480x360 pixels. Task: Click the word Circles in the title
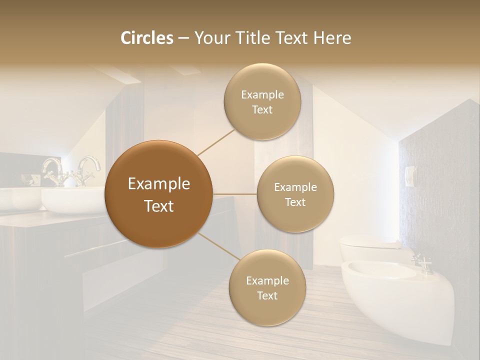147,38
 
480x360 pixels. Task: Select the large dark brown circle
158,194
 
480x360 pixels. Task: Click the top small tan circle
262,101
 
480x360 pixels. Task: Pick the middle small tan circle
295,194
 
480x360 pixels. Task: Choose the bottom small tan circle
267,287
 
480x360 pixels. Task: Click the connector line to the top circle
216,142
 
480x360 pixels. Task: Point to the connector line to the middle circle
235,194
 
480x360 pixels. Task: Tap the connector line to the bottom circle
219,246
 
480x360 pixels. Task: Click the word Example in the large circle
158,184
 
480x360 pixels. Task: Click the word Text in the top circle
262,109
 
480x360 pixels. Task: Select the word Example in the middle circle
295,187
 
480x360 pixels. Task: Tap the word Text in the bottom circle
267,295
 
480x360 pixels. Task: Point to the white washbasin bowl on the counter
70,200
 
